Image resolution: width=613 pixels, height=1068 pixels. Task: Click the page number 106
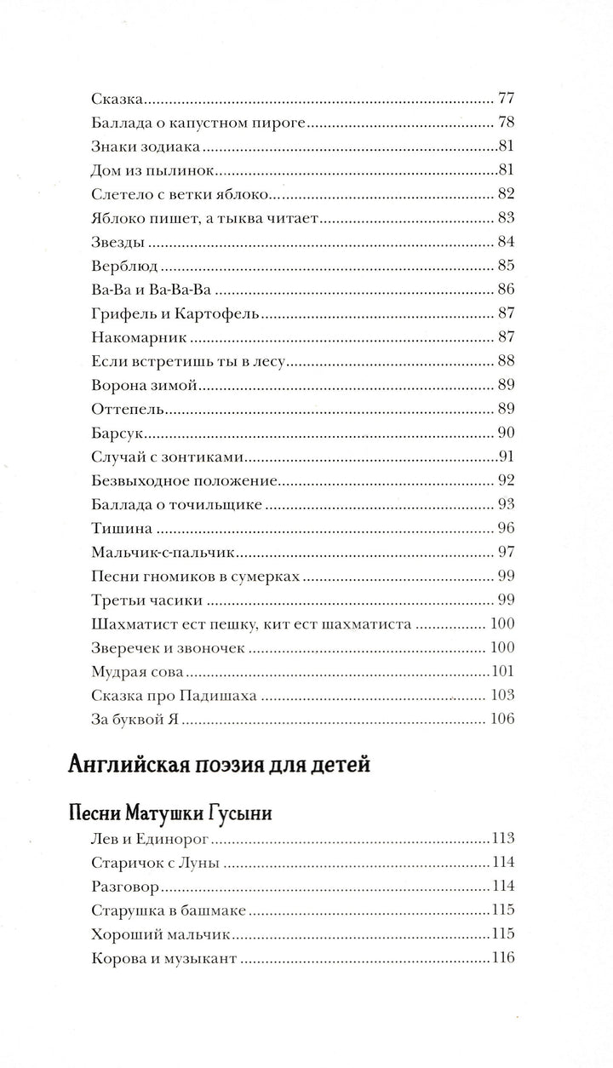click(502, 721)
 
